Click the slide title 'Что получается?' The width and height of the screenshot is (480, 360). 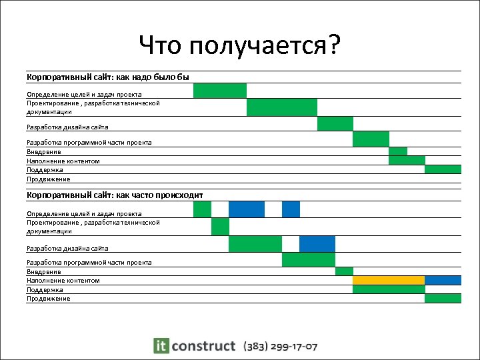pos(240,46)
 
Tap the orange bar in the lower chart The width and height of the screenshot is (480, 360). pos(389,280)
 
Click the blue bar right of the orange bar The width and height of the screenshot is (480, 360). pos(443,280)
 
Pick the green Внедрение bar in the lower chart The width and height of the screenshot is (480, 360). pos(344,271)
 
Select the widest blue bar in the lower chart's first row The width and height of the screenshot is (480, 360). pos(246,209)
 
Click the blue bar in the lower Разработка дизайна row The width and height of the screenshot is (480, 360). pos(317,244)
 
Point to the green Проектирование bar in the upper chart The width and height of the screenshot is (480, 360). pos(281,107)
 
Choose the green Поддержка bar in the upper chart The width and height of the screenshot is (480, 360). pos(443,169)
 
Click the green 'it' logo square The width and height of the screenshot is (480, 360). pos(161,345)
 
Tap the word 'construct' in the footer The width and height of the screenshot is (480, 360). pos(203,346)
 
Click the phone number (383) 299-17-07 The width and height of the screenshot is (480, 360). pos(281,347)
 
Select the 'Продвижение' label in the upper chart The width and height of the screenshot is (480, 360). pos(48,179)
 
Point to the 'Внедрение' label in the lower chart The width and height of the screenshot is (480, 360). pos(44,272)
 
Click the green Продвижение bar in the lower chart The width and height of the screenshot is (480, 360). pos(443,298)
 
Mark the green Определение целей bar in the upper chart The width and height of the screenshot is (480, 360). pos(219,91)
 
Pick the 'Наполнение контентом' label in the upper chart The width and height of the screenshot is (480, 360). pos(63,161)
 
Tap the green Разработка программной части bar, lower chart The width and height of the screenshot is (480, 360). pos(308,259)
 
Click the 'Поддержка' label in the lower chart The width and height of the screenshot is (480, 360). pos(45,290)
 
